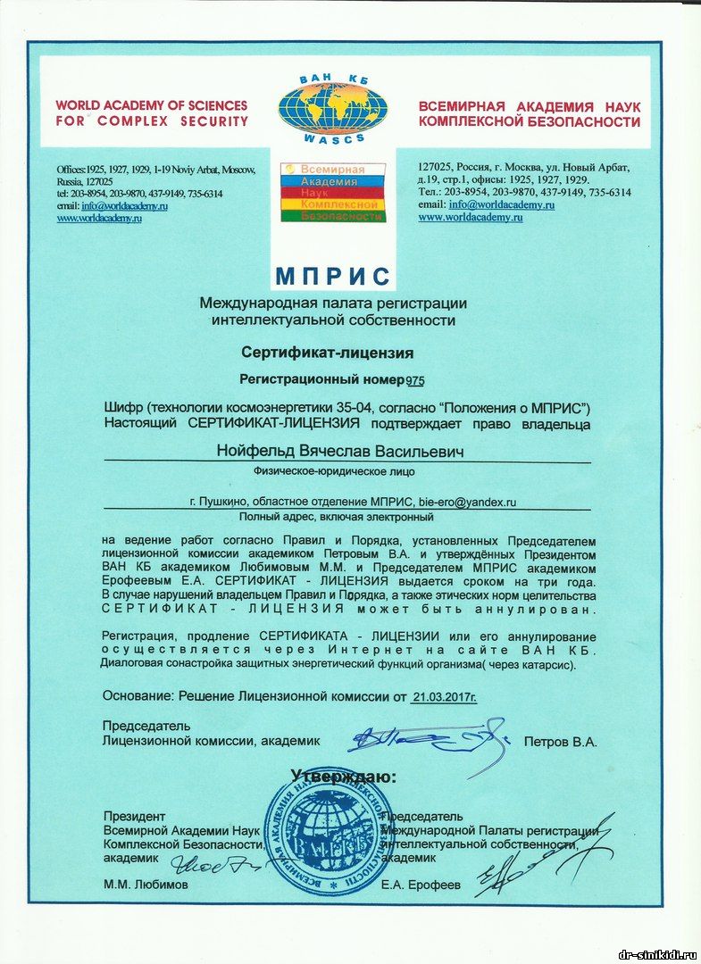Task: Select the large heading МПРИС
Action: pos(332,275)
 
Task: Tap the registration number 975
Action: pos(415,380)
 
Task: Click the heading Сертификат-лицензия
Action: pos(327,352)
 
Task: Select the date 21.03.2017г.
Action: pos(444,696)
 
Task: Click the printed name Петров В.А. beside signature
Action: pos(560,741)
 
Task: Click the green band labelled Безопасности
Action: pos(332,216)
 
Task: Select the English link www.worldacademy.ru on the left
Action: pos(99,218)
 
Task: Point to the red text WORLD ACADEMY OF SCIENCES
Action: pos(151,105)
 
